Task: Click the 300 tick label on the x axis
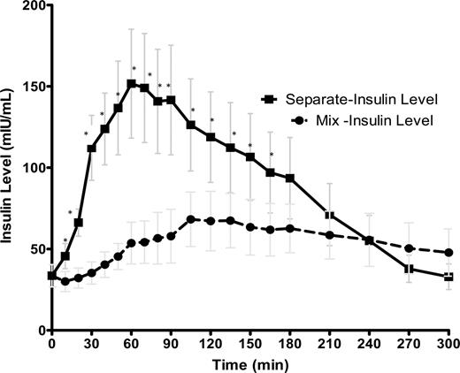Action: [449, 343]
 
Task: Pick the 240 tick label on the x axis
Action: [370, 343]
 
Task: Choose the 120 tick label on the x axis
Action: [211, 343]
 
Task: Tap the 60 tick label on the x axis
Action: [131, 343]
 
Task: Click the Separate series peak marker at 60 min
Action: [131, 84]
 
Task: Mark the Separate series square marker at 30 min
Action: [91, 148]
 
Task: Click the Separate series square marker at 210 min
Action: [330, 216]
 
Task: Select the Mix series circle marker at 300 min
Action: [449, 253]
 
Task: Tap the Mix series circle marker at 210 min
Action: [330, 235]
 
